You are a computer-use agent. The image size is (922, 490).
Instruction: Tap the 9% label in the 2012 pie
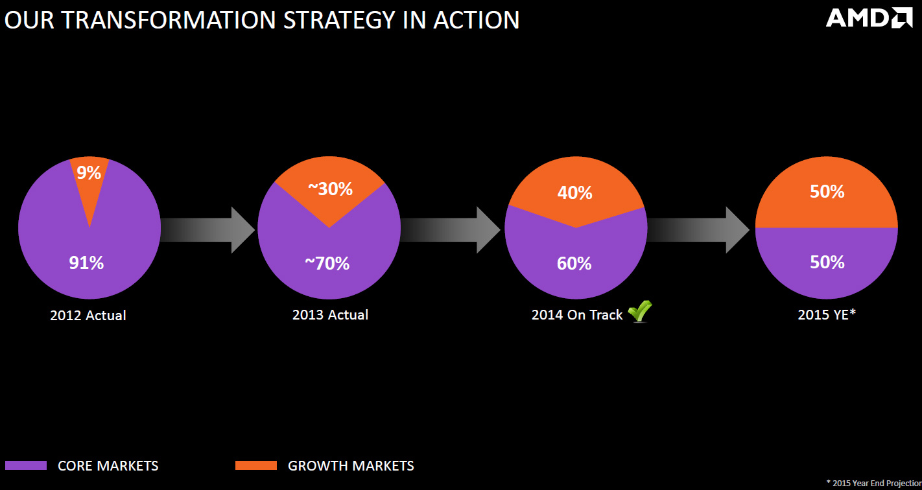(x=89, y=173)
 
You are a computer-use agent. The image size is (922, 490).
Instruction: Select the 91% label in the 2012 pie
(x=86, y=263)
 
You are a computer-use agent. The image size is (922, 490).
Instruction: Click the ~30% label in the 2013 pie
(x=330, y=189)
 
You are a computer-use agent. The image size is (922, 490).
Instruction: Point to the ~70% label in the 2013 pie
(x=327, y=264)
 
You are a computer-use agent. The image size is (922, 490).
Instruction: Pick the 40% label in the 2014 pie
(x=574, y=192)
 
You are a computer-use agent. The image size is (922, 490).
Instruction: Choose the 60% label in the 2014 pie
(x=574, y=264)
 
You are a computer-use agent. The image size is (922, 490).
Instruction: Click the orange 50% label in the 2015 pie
(x=827, y=192)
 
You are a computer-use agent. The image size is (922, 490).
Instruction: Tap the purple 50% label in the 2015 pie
(x=827, y=262)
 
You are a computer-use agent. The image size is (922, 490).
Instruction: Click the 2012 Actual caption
(x=88, y=316)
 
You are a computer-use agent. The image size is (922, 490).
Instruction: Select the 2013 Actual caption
(x=330, y=315)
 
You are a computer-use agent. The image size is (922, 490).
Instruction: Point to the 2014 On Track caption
(x=576, y=315)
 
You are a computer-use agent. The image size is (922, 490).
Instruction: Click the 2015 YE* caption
(x=827, y=315)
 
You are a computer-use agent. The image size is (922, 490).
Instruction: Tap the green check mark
(x=640, y=312)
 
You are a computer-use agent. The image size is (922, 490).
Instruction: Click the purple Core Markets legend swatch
(x=26, y=465)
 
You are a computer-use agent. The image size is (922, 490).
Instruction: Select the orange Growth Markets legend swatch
(x=255, y=465)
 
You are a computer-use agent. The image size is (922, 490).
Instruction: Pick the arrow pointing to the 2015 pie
(x=700, y=229)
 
